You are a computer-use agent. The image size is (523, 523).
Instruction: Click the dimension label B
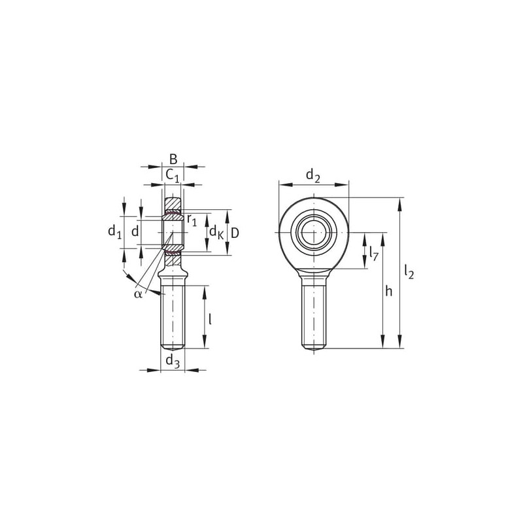click(173, 160)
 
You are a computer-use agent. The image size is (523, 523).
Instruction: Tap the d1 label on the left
click(114, 231)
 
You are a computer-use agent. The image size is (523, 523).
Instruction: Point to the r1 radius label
click(192, 220)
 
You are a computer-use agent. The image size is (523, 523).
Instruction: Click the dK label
click(216, 232)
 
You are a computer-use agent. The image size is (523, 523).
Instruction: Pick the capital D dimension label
click(235, 233)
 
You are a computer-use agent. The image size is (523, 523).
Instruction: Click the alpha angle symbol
click(138, 294)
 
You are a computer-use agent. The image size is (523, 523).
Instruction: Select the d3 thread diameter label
click(173, 361)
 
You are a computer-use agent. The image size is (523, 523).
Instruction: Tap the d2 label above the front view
click(313, 175)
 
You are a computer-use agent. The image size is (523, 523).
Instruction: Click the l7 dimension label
click(373, 253)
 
